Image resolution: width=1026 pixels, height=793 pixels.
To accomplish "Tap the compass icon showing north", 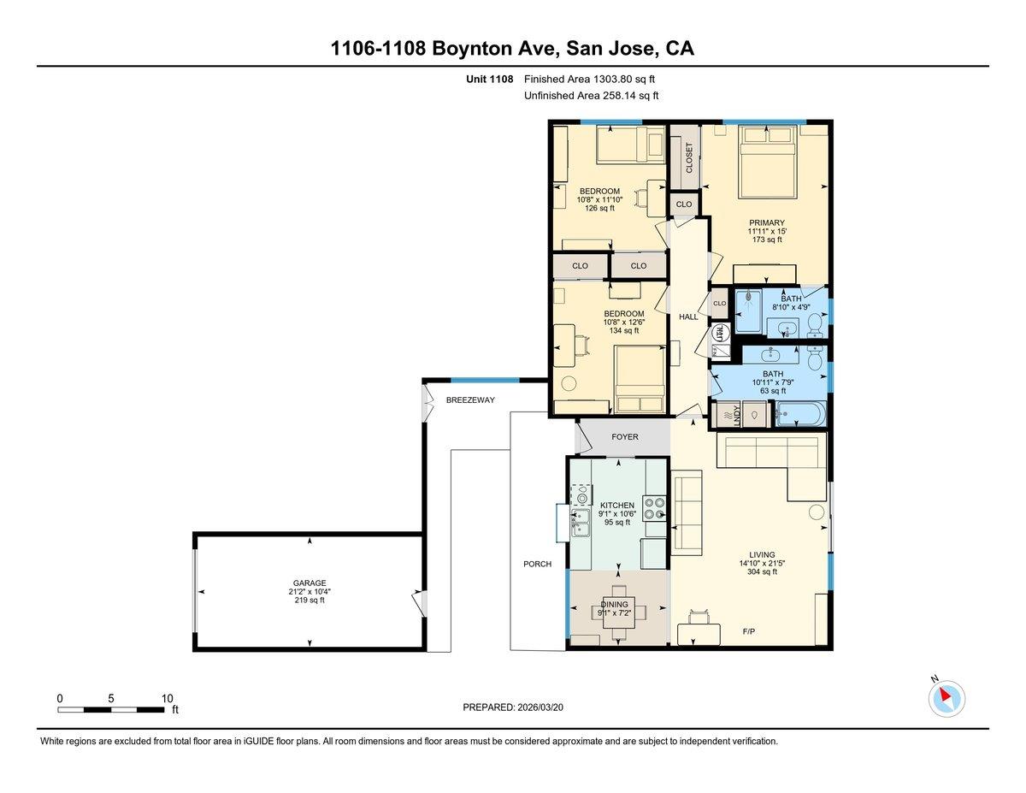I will pyautogui.click(x=946, y=698).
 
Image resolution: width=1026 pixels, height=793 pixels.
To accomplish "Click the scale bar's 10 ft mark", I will pyautogui.click(x=168, y=697).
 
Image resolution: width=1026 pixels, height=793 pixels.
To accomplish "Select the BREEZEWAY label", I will pyautogui.click(x=469, y=399).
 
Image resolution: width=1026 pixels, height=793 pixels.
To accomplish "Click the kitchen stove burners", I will pyautogui.click(x=655, y=509).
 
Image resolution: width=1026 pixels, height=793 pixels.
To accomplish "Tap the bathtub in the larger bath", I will pyautogui.click(x=800, y=416).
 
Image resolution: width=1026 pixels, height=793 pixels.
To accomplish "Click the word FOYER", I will pyautogui.click(x=624, y=437).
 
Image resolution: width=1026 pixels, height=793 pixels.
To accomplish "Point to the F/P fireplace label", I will pyautogui.click(x=750, y=630).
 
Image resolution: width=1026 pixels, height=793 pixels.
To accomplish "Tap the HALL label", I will pyautogui.click(x=688, y=317).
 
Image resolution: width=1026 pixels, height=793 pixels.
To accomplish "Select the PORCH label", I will pyautogui.click(x=537, y=564).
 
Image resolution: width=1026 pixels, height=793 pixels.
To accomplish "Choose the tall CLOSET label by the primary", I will pyautogui.click(x=689, y=157).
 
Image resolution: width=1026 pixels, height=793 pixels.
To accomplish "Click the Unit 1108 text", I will pyautogui.click(x=489, y=80).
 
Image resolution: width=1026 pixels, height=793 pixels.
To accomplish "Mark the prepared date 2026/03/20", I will pyautogui.click(x=513, y=707).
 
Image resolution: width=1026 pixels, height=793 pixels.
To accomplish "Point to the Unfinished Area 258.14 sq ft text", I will pyautogui.click(x=591, y=96).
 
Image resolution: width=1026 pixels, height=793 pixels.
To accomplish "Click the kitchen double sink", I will pyautogui.click(x=581, y=522).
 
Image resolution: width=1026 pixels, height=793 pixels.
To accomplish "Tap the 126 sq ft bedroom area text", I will pyautogui.click(x=599, y=208).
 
